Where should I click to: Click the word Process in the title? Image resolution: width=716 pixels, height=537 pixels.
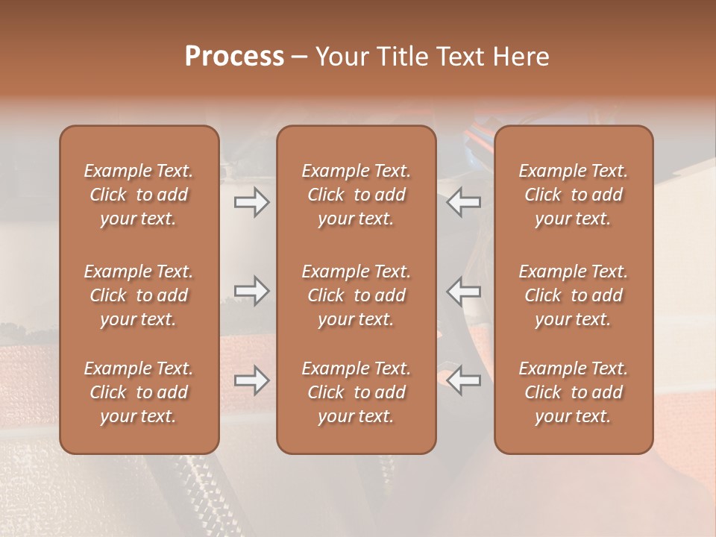pos(234,57)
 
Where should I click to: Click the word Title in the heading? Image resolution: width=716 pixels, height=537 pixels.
pos(395,57)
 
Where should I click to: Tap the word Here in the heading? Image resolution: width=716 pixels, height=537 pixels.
pos(521,57)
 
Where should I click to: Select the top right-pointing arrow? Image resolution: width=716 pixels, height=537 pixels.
pos(252,201)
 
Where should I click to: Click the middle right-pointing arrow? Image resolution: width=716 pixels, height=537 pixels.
pos(252,291)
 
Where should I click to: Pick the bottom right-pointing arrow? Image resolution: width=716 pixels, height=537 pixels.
pos(252,380)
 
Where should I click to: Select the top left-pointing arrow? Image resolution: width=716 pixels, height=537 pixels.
pos(464,201)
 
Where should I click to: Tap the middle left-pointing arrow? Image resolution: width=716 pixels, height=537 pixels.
pos(464,291)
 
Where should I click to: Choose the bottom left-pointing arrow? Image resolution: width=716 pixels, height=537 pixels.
pos(464,380)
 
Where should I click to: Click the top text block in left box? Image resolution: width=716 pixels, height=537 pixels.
pos(139,195)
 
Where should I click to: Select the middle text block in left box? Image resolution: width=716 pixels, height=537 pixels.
pos(139,295)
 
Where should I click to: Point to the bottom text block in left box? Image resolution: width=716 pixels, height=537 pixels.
pos(139,392)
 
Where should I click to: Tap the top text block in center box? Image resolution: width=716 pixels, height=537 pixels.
pos(357,195)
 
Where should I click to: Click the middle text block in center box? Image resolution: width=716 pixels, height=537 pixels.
pos(357,295)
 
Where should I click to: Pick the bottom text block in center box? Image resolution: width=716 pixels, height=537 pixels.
pos(357,392)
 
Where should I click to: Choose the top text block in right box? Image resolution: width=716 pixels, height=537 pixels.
pos(574,195)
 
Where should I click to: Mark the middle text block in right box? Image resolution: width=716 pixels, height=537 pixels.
pos(574,295)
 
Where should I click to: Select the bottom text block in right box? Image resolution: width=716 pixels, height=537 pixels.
pos(574,392)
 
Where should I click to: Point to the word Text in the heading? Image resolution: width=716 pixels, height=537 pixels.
pos(458,57)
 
